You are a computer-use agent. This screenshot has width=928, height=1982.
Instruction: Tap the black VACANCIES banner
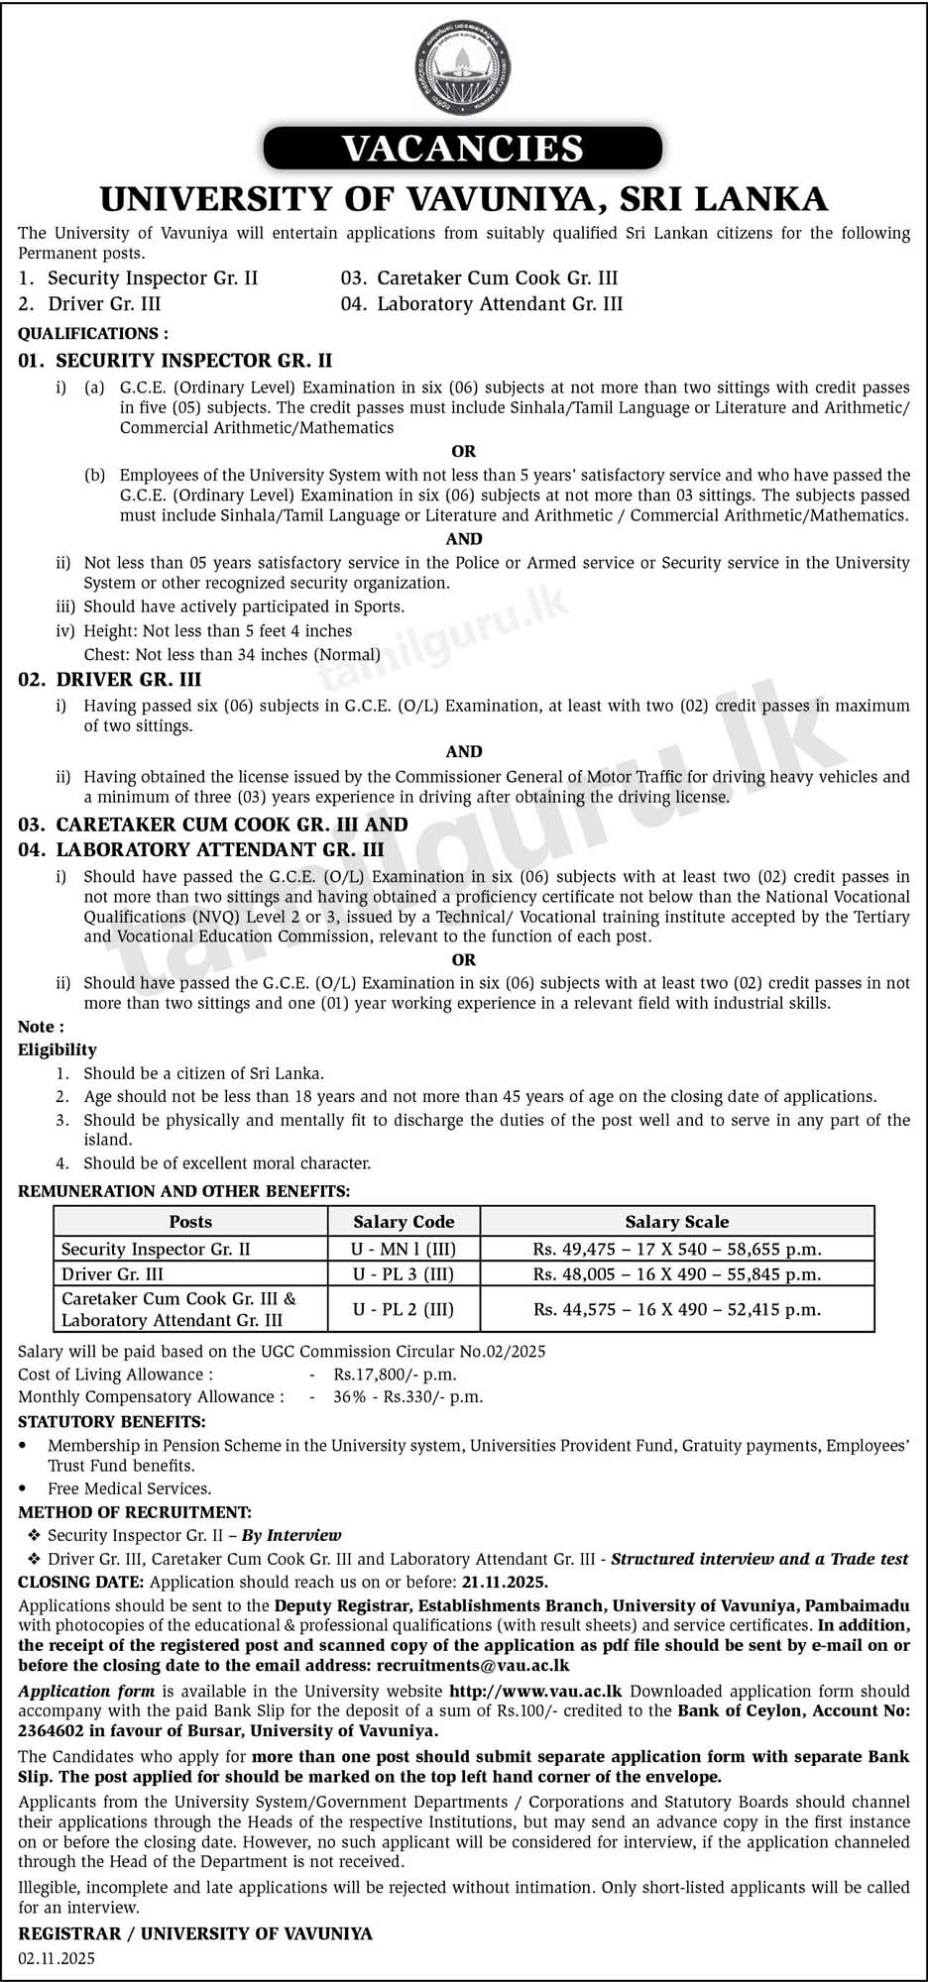pos(463,149)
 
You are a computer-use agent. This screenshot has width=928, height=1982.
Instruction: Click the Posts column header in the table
pos(190,1222)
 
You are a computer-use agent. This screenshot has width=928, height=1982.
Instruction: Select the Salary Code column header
pos(404,1222)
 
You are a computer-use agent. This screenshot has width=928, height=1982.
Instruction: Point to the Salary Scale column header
pos(677,1222)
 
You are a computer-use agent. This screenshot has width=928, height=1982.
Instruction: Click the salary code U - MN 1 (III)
pos(404,1249)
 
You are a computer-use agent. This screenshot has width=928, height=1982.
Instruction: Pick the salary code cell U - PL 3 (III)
pos(404,1273)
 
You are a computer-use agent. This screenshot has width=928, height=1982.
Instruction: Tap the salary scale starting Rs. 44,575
pos(677,1309)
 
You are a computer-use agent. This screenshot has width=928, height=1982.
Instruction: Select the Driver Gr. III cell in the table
pos(112,1273)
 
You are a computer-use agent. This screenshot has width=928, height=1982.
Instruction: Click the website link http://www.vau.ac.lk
pos(535,1692)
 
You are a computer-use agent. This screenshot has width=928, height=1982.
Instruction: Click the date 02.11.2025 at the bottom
pos(57,1958)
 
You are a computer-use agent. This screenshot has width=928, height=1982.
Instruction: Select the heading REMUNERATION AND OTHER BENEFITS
pos(184,1191)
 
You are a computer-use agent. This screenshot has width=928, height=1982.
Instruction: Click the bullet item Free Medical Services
pos(130,1488)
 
